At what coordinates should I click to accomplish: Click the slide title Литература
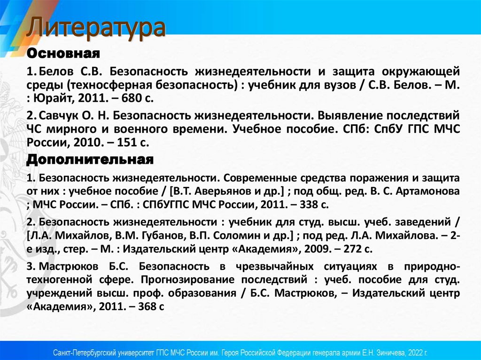tap(96, 28)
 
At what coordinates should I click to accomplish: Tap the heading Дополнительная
tap(90, 160)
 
